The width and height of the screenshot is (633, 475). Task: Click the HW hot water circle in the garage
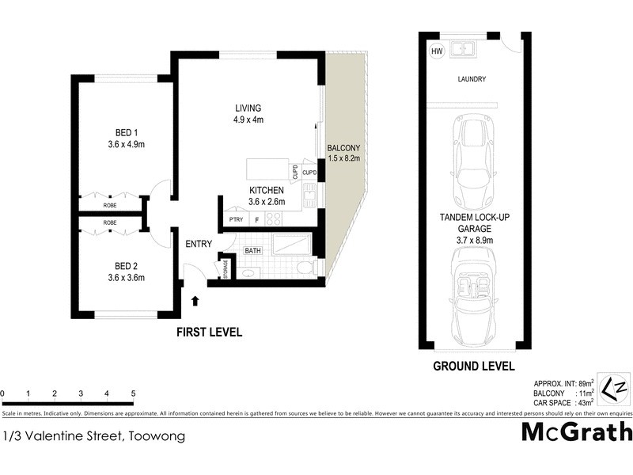[x=436, y=51]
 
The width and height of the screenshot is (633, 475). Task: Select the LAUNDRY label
[x=472, y=79]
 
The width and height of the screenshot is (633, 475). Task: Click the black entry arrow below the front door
[x=195, y=300]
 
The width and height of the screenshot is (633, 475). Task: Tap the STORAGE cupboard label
[x=226, y=270]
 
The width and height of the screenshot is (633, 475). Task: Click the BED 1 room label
[x=123, y=133]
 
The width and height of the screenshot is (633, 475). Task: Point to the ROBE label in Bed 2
[x=110, y=223]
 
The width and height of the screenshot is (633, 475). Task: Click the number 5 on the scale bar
[x=134, y=393]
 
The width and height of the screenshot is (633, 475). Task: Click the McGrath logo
[x=577, y=431]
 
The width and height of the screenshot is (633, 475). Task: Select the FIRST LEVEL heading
[x=209, y=332]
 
